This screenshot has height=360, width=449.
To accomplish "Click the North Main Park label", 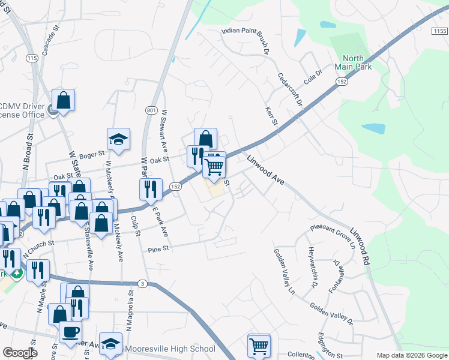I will [353, 62].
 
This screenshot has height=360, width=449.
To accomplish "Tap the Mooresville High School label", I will [169, 349].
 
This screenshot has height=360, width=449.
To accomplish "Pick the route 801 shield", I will [151, 110].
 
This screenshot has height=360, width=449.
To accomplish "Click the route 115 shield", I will [32, 58].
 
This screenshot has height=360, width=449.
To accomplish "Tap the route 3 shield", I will [142, 283].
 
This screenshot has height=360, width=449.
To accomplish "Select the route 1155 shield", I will [439, 31].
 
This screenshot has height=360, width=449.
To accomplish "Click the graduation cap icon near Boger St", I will [119, 139].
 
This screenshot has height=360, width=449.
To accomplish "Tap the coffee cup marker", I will [71, 332].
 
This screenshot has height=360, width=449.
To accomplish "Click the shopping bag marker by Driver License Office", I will [63, 100].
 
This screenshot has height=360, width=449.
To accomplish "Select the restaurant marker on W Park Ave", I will [151, 189].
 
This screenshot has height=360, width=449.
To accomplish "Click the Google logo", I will [20, 353].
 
